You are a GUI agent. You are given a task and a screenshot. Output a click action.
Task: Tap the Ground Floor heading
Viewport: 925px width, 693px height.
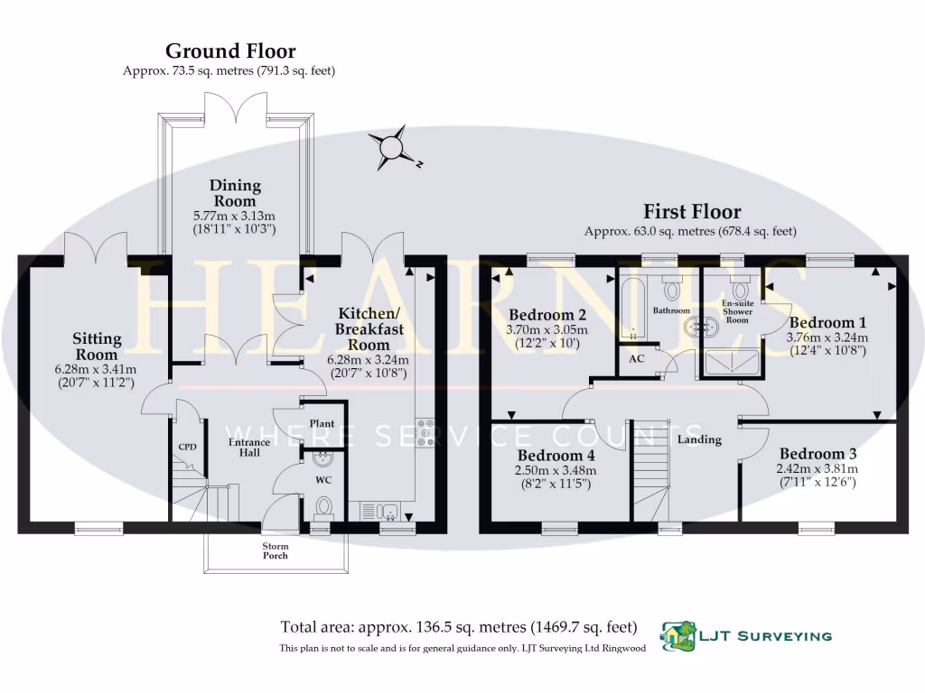pyautogui.click(x=229, y=51)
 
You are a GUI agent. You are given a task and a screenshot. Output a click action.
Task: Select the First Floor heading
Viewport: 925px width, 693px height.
pyautogui.click(x=691, y=212)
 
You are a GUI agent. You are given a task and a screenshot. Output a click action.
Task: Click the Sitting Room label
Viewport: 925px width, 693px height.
pyautogui.click(x=97, y=346)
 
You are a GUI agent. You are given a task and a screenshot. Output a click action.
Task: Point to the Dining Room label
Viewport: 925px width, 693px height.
pyautogui.click(x=235, y=193)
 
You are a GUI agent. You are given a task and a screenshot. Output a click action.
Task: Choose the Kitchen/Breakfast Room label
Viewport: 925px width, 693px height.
pyautogui.click(x=369, y=328)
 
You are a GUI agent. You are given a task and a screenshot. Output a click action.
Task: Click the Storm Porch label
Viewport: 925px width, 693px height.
pyautogui.click(x=275, y=550)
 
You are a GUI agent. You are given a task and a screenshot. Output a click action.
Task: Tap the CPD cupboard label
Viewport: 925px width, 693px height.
pyautogui.click(x=187, y=447)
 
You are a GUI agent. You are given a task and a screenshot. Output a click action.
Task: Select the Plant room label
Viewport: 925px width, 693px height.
pyautogui.click(x=322, y=423)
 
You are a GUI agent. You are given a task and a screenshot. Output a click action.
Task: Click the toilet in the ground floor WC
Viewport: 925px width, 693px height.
pyautogui.click(x=323, y=507)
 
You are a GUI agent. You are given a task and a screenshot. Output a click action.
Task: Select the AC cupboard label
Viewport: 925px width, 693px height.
pyautogui.click(x=636, y=358)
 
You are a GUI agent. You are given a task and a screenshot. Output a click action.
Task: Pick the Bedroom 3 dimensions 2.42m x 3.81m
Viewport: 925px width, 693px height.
pyautogui.click(x=816, y=468)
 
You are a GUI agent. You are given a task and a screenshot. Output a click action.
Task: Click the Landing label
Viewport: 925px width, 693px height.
pyautogui.click(x=699, y=439)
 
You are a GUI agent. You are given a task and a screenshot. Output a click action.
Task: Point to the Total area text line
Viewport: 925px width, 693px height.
pyautogui.click(x=459, y=627)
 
